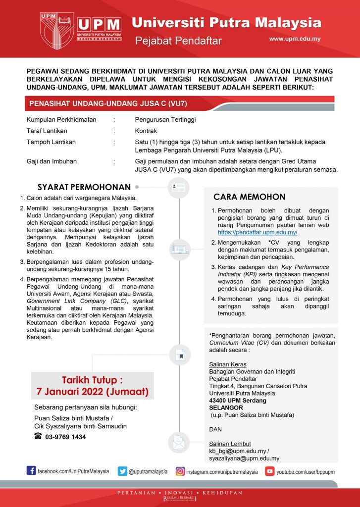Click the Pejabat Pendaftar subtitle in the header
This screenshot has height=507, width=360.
(x=178, y=41)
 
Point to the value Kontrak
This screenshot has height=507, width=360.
(x=146, y=131)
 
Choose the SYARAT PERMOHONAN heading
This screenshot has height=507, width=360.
(x=84, y=187)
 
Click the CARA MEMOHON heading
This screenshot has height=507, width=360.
(x=249, y=197)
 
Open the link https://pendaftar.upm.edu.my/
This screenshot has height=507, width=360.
(x=257, y=232)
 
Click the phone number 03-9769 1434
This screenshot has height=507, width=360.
(x=65, y=437)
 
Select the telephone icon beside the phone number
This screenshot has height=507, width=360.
(x=38, y=436)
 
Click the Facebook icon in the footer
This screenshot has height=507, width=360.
(x=31, y=471)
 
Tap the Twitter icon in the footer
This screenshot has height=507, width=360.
(x=122, y=471)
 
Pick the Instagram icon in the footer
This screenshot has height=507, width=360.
(x=180, y=471)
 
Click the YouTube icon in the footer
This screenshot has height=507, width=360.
(x=270, y=471)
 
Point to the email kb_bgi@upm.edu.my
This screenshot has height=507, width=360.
(x=237, y=451)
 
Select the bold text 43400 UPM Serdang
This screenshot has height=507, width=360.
(x=238, y=400)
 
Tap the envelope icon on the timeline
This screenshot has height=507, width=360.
(x=178, y=442)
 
